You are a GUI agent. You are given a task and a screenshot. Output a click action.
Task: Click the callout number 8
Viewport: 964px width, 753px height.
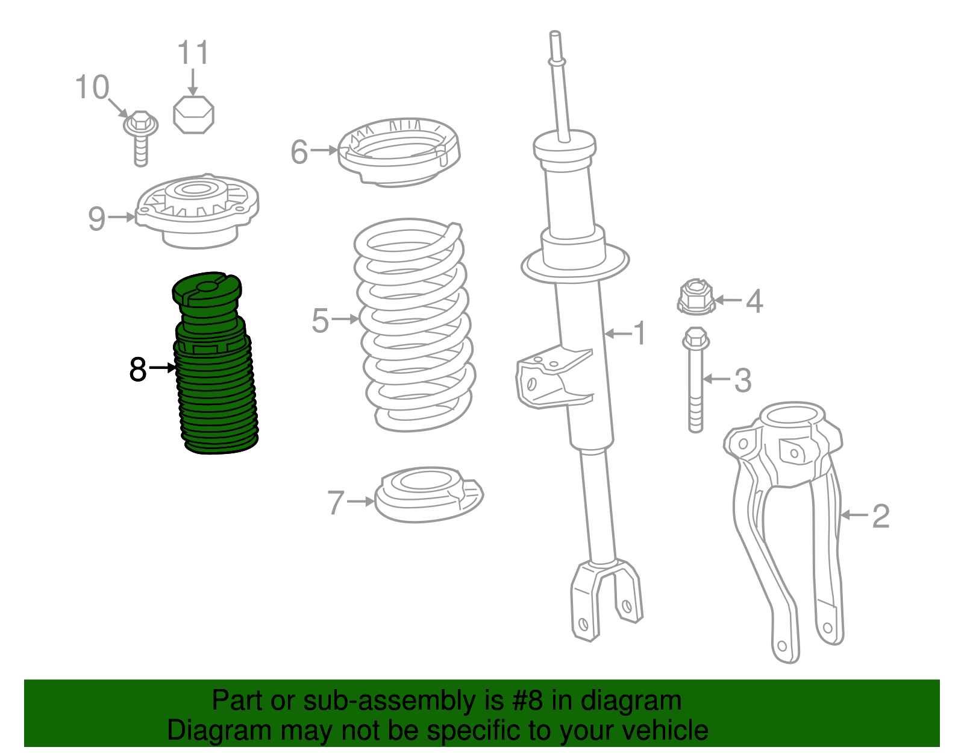[137, 369]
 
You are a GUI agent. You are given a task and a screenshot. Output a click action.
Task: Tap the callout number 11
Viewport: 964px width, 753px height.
[193, 53]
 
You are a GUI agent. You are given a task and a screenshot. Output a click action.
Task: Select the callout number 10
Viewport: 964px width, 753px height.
[92, 87]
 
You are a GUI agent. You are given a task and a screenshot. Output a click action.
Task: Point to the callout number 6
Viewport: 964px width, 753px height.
[299, 152]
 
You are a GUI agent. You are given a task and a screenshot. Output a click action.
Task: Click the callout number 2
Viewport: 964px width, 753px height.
[881, 516]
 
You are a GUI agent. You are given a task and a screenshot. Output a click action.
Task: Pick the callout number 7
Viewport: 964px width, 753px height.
[336, 502]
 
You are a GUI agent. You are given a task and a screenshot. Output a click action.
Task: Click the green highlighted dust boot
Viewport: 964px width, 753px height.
[214, 363]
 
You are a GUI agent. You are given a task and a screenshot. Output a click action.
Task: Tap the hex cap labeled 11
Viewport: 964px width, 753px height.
[193, 115]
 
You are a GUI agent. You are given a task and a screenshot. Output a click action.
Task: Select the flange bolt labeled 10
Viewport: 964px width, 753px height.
[140, 138]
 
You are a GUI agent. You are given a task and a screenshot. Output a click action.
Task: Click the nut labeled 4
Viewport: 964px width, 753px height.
[696, 297]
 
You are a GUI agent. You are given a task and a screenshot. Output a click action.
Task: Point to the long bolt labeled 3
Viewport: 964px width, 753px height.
[696, 379]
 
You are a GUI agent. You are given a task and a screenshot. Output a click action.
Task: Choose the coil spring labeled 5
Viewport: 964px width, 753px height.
[415, 325]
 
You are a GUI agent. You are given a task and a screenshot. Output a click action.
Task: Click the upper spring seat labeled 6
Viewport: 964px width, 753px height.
[399, 152]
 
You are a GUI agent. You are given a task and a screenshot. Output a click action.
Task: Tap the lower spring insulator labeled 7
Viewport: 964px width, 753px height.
[428, 494]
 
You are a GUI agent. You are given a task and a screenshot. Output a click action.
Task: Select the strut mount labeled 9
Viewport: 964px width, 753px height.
[197, 210]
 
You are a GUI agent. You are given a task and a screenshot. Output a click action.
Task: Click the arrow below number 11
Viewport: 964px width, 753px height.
[193, 82]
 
